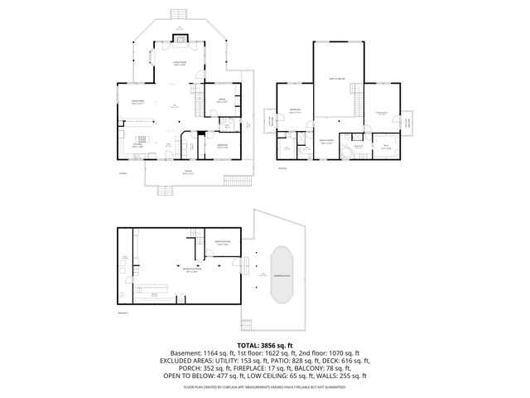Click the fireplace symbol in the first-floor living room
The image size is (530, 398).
tap(180, 36)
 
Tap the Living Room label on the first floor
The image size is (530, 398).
tap(179, 63)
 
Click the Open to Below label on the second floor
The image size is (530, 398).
tap(335, 78)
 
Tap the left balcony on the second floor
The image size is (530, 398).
tap(269, 121)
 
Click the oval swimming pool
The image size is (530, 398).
tap(282, 274)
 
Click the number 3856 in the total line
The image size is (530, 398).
tap(272, 344)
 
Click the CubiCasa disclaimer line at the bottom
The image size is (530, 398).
tap(265, 386)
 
